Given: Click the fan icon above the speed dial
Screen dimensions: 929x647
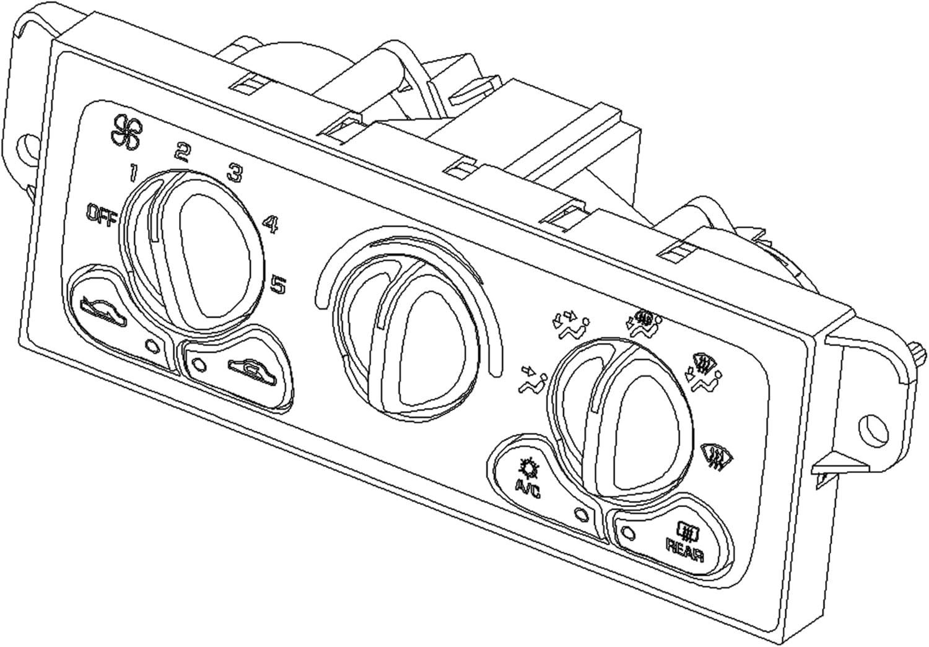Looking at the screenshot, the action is coord(126,131).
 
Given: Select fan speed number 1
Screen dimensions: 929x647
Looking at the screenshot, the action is coord(133,173).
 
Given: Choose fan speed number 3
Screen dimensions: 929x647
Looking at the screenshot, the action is coord(235,172).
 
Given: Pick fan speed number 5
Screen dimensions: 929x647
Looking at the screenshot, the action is coord(278,285).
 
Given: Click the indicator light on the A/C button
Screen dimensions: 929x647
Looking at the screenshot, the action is coord(581,515).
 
